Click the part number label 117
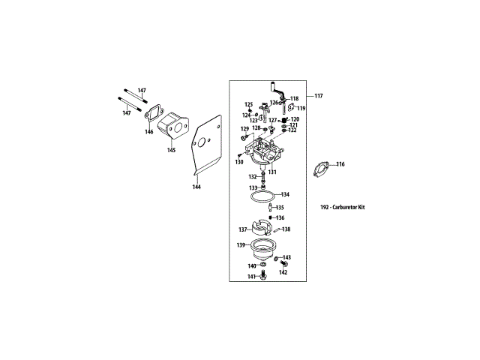tap(319, 96)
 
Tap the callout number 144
tap(196, 187)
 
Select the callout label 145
tap(171, 150)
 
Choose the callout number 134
tap(285, 195)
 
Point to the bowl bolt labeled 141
tap(263, 278)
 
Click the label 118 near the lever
tap(294, 99)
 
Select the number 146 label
tap(148, 132)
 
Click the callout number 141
tap(252, 277)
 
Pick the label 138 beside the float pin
tap(286, 229)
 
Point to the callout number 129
tap(244, 129)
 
